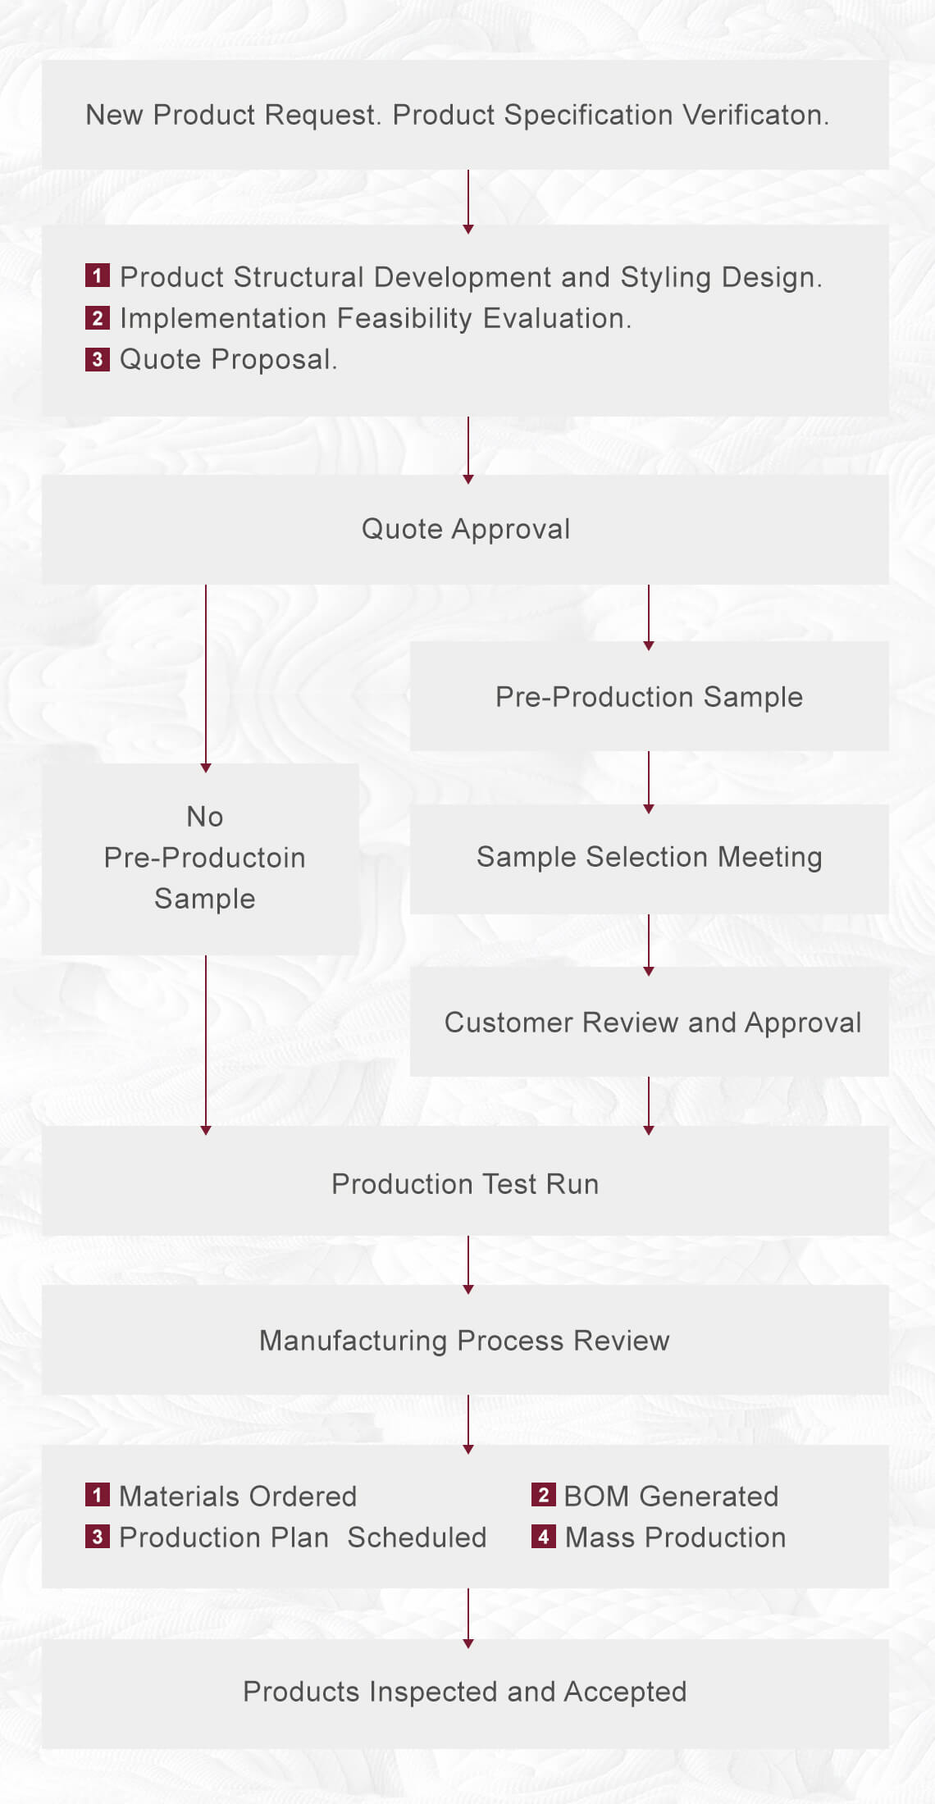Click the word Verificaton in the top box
(755, 115)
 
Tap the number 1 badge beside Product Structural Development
(97, 276)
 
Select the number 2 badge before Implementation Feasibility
(97, 317)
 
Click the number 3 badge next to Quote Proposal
(97, 358)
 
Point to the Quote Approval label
(466, 529)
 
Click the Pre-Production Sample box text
(649, 697)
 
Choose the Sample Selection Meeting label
(649, 857)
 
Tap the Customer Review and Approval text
(653, 1023)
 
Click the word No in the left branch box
(204, 817)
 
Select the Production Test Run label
(465, 1184)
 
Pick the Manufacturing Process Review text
(464, 1341)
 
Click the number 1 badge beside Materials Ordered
(97, 1495)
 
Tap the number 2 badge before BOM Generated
(543, 1495)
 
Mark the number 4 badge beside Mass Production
(543, 1537)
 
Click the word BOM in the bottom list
(596, 1496)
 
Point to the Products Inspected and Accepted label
(464, 1692)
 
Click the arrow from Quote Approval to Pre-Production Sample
(649, 615)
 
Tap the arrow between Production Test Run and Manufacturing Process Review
(468, 1263)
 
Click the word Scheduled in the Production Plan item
(417, 1537)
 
